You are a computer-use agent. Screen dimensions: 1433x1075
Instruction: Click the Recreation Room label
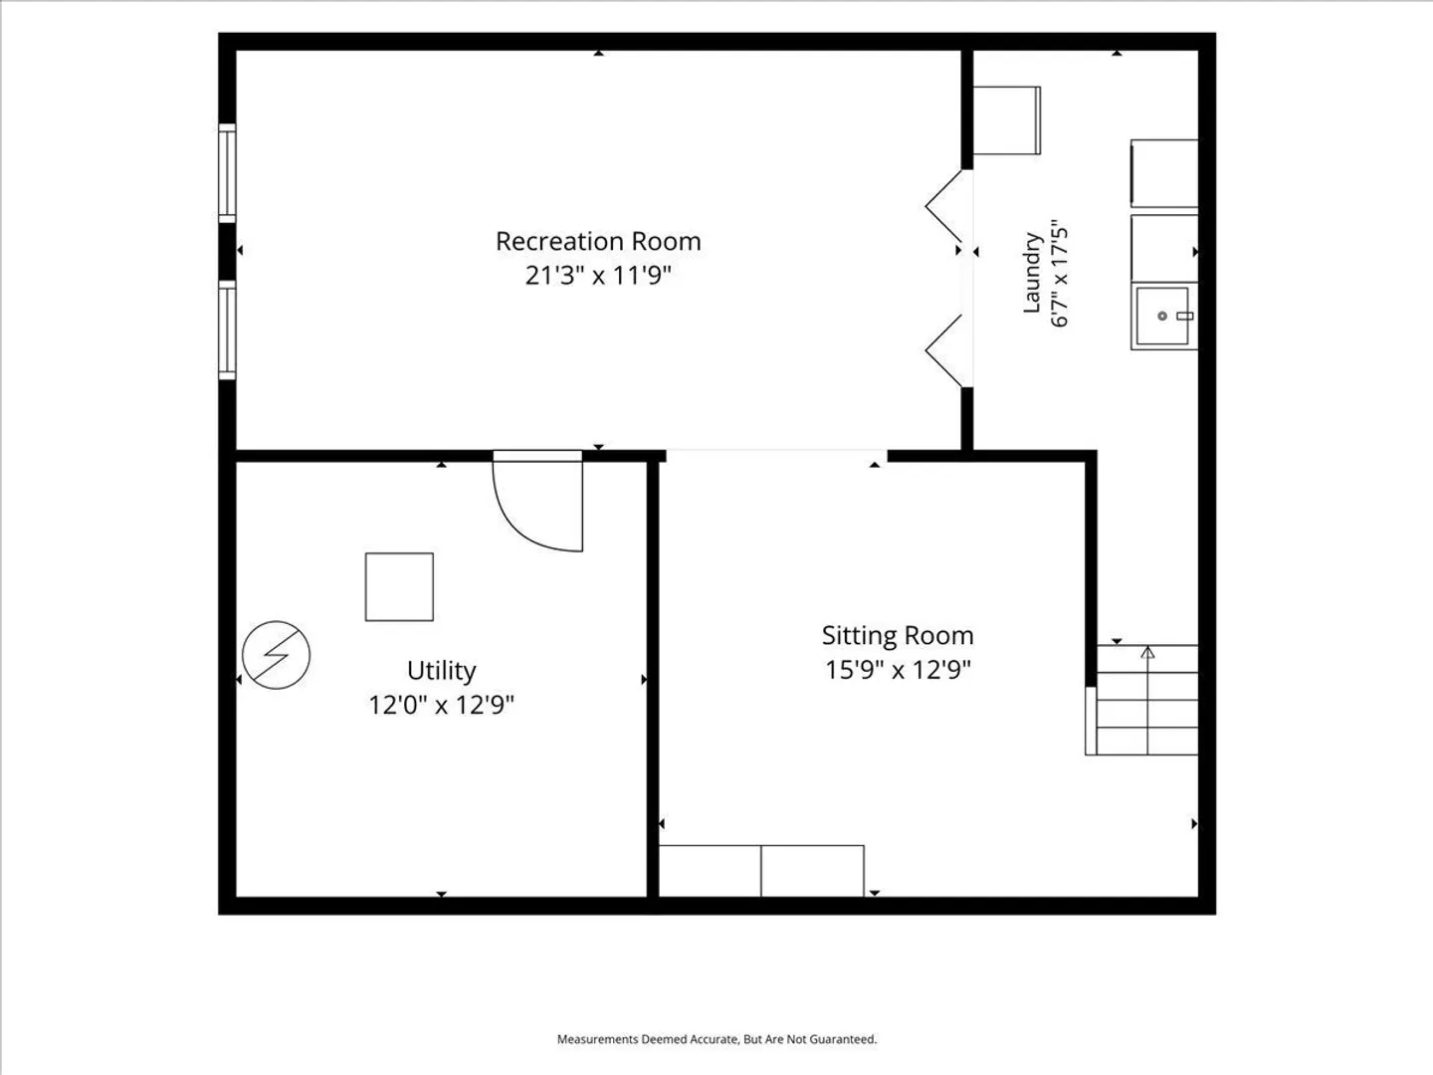(x=598, y=242)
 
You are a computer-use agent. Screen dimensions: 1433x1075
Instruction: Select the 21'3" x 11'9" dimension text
(x=598, y=276)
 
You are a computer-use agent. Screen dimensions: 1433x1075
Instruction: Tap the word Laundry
(x=1032, y=272)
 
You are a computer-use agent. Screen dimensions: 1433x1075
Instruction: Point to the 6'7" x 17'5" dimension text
(x=1059, y=272)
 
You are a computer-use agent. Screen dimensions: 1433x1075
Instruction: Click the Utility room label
(x=441, y=671)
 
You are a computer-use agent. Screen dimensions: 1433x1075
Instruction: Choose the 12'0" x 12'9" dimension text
(x=441, y=705)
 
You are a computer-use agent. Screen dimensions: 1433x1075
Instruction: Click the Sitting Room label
(x=898, y=636)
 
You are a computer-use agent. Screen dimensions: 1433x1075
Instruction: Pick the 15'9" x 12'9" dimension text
(x=898, y=670)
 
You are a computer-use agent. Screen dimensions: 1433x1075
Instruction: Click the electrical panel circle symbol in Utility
(x=276, y=655)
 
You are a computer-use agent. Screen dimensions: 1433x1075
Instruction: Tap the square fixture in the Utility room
(x=399, y=587)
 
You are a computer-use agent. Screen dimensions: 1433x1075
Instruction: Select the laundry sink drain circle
(x=1162, y=316)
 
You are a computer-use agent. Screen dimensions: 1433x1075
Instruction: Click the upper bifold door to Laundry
(x=944, y=206)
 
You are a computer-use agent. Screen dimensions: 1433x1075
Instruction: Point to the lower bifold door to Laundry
(x=944, y=350)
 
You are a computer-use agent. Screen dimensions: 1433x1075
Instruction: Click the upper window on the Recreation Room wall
(x=227, y=173)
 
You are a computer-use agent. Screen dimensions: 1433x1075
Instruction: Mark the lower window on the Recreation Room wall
(x=227, y=329)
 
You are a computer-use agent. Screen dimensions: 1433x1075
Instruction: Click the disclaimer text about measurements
(x=716, y=1039)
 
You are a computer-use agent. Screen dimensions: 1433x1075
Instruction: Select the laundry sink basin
(x=1164, y=317)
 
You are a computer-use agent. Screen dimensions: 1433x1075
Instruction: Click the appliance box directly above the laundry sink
(x=1164, y=249)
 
